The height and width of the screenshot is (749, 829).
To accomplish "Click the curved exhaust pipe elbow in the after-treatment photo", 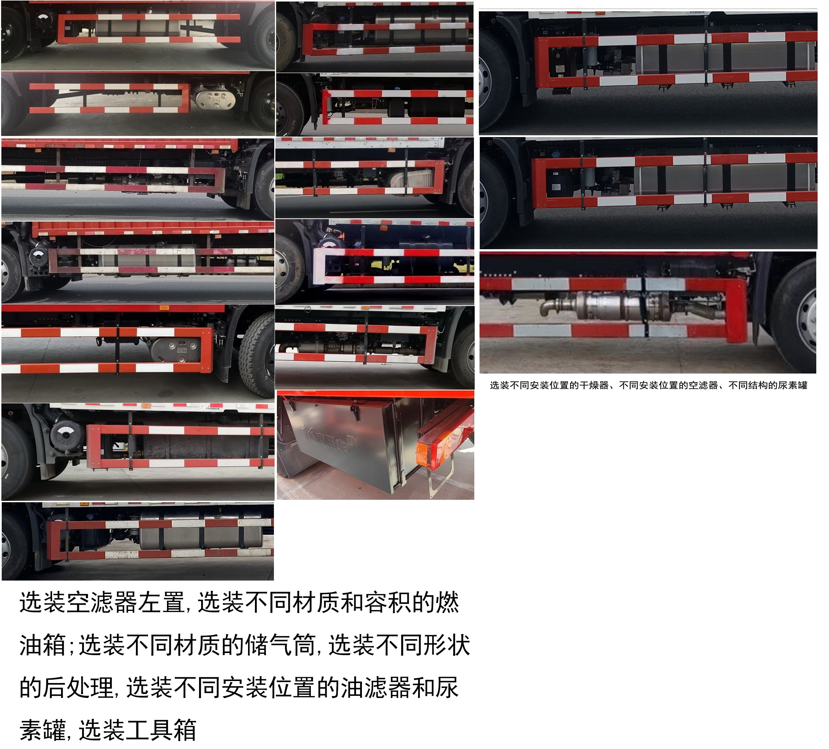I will [x=549, y=307].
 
